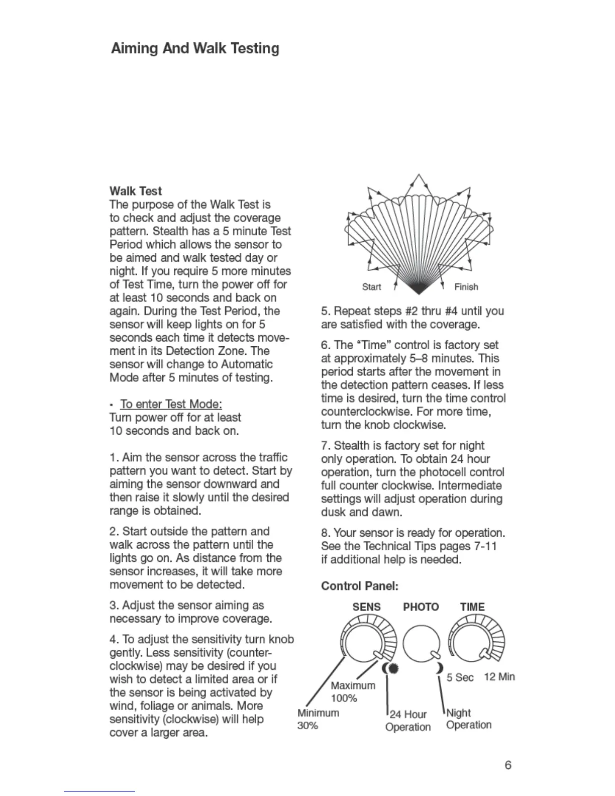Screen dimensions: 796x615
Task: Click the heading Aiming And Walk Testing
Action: (x=195, y=49)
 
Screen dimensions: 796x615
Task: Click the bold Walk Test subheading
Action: (x=136, y=191)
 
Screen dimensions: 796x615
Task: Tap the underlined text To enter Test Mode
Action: (x=171, y=404)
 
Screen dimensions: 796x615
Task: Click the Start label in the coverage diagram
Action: (x=371, y=287)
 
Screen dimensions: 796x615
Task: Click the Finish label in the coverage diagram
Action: (x=466, y=287)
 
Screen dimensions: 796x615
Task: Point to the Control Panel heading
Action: (x=359, y=586)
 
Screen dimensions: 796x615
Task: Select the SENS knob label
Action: (x=366, y=607)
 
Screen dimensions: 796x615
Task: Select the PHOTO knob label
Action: (x=421, y=607)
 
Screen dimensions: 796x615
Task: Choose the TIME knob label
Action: (x=472, y=607)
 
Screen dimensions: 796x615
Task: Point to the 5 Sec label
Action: (x=460, y=677)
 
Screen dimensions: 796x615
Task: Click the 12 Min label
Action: (x=499, y=676)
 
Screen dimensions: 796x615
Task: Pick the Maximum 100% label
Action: (x=353, y=692)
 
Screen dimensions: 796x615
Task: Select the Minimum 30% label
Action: (x=318, y=719)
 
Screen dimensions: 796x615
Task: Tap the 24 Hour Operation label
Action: (x=408, y=721)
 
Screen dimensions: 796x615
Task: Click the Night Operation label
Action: (x=468, y=719)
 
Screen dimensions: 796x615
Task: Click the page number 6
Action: (x=508, y=765)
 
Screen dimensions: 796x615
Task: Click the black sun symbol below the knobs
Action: (x=393, y=669)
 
